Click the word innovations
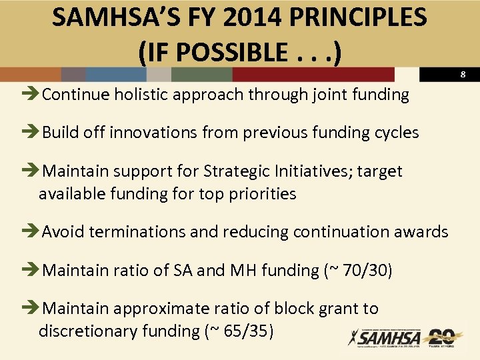pyautogui.click(x=149, y=133)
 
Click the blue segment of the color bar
pyautogui.click(x=107, y=75)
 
